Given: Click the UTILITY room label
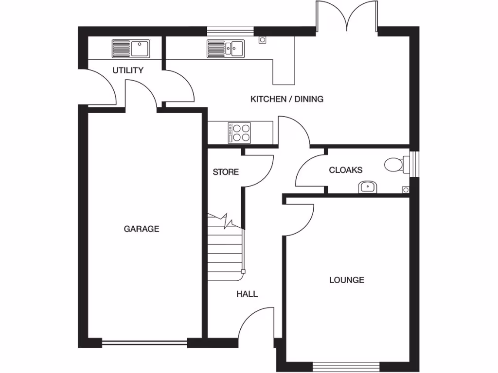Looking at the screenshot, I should click(128, 70).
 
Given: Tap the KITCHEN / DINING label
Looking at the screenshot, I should click(286, 99).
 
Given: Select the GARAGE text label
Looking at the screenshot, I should click(142, 229).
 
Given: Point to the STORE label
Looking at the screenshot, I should click(226, 172).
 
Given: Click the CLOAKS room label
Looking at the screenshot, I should click(346, 170).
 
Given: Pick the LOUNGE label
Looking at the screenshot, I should click(347, 280).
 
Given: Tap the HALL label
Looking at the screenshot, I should click(247, 294).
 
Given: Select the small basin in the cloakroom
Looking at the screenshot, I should click(367, 186).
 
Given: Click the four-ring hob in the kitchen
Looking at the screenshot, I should click(240, 133).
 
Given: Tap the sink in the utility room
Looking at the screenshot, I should click(131, 49).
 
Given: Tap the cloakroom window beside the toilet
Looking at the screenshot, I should click(414, 165).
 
